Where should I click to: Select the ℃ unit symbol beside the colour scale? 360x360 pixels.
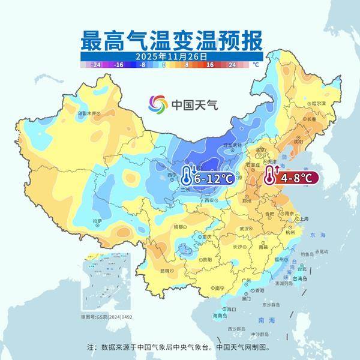[255, 63]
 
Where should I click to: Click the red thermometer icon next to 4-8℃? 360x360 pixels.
[270, 176]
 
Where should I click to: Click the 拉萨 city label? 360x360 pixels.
[98, 222]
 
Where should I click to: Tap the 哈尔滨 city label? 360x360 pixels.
[318, 103]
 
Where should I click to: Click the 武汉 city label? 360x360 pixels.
[244, 229]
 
